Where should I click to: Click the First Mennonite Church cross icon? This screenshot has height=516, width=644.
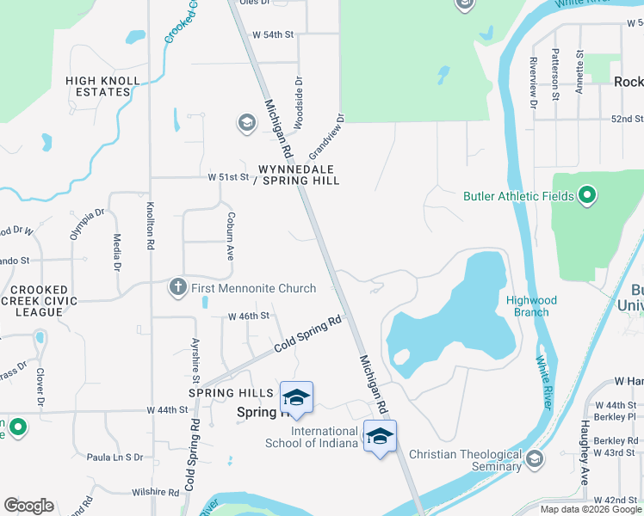(178, 287)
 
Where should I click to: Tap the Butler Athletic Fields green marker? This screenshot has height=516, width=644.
(587, 196)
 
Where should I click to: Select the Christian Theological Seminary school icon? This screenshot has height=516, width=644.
(535, 459)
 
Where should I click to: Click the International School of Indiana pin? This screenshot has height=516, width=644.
(380, 436)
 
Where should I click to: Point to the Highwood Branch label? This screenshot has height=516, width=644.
(531, 306)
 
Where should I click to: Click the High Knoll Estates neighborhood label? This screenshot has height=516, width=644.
(102, 86)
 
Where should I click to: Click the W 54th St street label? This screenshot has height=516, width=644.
(273, 34)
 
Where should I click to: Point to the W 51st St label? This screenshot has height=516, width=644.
(228, 177)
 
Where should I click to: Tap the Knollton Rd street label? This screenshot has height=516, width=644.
(150, 226)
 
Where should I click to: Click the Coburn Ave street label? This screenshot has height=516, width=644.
(230, 236)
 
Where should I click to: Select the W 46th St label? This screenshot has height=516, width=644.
(249, 316)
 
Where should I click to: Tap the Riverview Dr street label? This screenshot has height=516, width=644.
(534, 83)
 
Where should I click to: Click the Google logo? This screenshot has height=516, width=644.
(28, 506)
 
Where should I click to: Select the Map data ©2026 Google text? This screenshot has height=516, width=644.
(591, 509)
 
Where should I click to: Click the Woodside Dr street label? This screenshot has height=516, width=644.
(298, 103)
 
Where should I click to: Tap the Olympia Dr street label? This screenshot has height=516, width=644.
(87, 224)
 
